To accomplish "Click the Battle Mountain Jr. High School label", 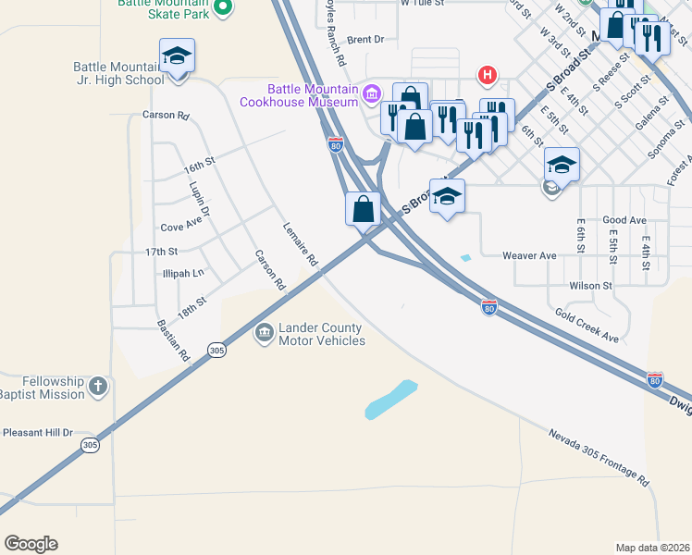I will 119,73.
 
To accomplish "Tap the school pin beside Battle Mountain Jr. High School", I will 177,57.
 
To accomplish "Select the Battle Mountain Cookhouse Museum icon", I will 372,92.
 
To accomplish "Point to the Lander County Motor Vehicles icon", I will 264,331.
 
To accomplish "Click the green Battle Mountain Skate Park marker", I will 222,8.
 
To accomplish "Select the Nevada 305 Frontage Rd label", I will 599,458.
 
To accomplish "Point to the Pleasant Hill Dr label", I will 38,432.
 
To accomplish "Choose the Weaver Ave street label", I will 529,255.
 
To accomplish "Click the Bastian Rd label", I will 173,340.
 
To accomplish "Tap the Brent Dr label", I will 365,40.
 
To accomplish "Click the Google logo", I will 31,544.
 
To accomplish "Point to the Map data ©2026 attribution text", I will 651,548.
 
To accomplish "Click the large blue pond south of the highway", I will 391,399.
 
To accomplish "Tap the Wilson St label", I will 590,286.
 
